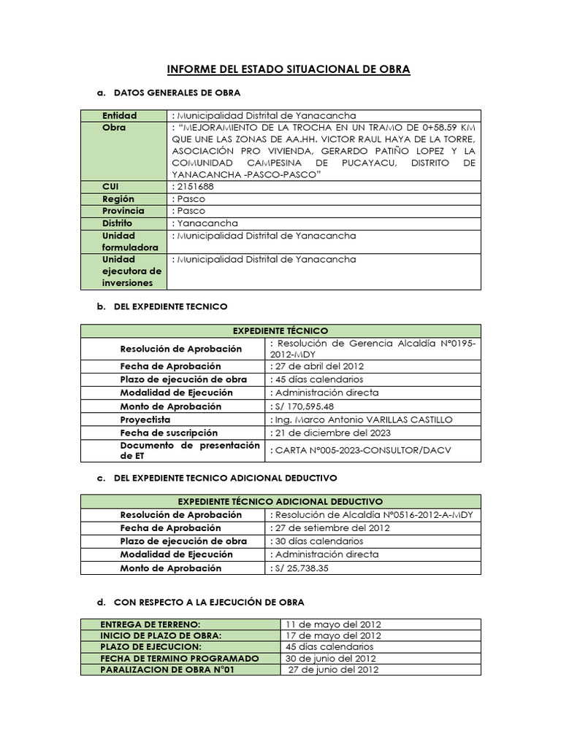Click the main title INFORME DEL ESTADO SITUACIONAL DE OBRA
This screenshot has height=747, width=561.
pos(289,69)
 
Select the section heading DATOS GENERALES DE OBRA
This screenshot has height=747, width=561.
pos(178,93)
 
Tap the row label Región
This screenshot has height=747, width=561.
pos(118,198)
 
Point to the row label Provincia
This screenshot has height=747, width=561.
pos(123,211)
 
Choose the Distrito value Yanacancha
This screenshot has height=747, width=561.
pos(207,223)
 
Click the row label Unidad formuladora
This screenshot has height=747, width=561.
pos(129,241)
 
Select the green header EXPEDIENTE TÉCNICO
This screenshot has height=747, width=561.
pos(280,330)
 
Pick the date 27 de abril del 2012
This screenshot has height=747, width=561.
pos(318,366)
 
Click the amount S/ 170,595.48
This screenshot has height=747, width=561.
pos(303,406)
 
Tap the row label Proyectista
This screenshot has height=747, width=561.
pos(145,419)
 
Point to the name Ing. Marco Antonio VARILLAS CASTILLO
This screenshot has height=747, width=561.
pos(362,419)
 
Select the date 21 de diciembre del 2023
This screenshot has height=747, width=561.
pos(330,433)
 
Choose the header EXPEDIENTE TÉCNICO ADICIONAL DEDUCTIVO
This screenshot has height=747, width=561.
pos(280,502)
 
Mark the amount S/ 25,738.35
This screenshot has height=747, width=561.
pos(300,568)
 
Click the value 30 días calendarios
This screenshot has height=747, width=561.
pos(318,541)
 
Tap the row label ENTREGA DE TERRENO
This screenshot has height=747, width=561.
pos(150,624)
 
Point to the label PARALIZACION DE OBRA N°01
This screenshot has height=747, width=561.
pos(167,670)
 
